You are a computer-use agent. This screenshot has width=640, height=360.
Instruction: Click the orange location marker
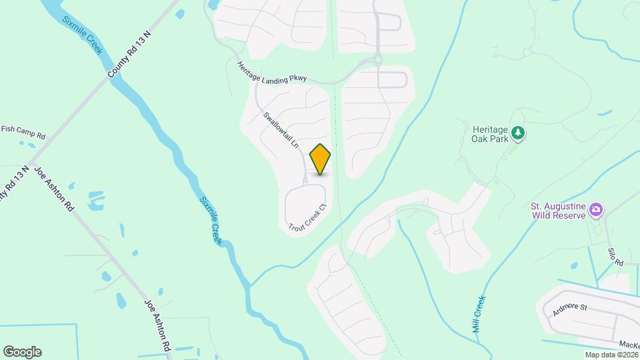[x=321, y=159]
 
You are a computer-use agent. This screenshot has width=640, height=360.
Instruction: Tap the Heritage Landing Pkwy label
[x=271, y=73]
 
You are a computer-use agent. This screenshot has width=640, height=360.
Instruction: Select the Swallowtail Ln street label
[x=281, y=130]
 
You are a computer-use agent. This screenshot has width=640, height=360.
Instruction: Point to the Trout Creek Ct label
[x=307, y=218]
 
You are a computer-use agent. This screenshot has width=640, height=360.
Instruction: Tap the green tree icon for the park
[x=518, y=134]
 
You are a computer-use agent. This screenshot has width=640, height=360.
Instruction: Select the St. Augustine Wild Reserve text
[x=559, y=211]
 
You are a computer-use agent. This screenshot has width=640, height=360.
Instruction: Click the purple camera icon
[x=596, y=211]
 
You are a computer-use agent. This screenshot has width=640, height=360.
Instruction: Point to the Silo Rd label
[x=615, y=256]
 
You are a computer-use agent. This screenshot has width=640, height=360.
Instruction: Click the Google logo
[x=22, y=352]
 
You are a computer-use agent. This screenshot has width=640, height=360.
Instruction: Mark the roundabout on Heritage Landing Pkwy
[x=377, y=59]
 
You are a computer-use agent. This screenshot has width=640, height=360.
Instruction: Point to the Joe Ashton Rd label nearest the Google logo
[x=158, y=325]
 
